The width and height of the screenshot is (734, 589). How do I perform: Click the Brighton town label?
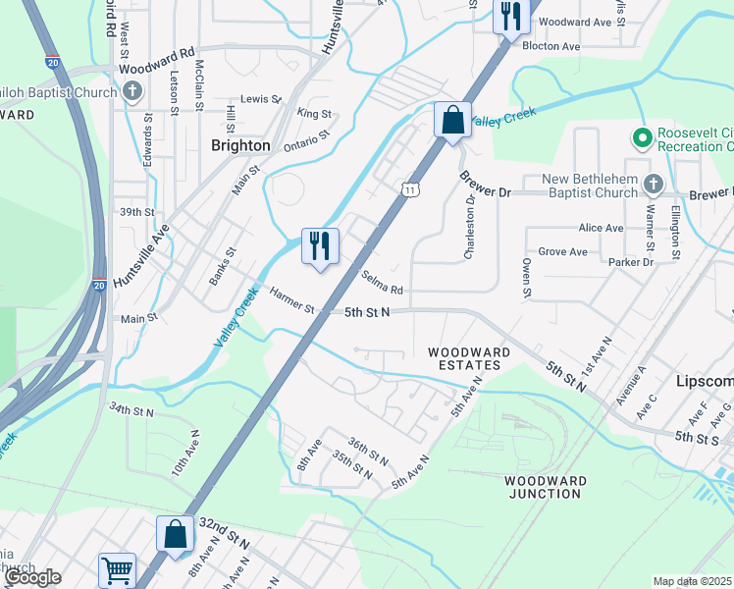click(240, 145)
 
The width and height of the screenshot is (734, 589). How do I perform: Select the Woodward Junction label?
click(545, 487)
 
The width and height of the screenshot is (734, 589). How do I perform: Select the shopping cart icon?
click(117, 569)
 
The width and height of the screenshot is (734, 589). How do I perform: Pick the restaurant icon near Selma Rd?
click(320, 245)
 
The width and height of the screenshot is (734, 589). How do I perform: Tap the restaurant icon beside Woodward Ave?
click(511, 17)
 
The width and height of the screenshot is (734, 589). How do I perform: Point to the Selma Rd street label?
click(383, 283)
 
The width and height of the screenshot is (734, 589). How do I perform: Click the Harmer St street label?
click(291, 300)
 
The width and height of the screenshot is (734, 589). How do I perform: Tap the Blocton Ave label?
click(551, 46)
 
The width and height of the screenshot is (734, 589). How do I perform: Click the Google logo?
click(32, 577)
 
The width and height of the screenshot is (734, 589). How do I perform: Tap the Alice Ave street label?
click(601, 228)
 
